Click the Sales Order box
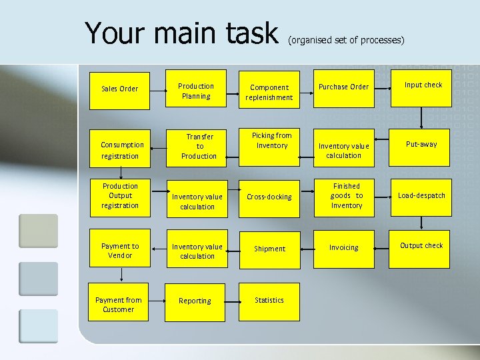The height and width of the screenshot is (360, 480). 119,89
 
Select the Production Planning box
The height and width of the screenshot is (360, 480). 196,91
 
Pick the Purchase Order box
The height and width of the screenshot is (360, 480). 343,87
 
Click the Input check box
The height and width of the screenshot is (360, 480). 423,85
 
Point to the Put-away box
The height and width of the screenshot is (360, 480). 422,144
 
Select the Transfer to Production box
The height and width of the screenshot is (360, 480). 199,146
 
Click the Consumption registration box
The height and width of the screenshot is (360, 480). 121,149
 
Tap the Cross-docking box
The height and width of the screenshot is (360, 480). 269,197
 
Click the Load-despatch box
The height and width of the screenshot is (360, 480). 421,195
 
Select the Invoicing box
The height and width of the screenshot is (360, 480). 343,247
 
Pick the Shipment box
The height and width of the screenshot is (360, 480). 269,249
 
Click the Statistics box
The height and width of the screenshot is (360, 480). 269,300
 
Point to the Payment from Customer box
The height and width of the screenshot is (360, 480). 119,305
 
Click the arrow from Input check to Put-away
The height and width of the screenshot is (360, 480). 423,118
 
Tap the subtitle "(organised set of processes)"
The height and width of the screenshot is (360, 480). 346,41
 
